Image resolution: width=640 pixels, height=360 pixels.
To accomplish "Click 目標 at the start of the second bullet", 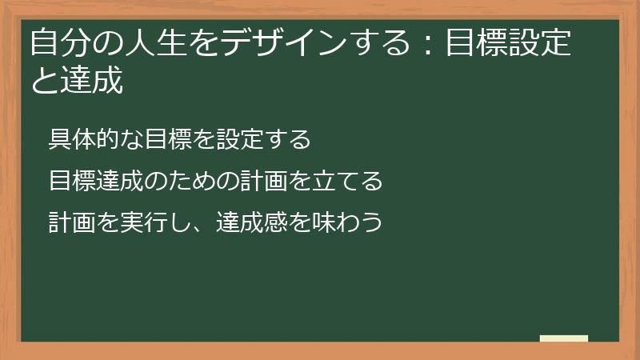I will [x=70, y=182].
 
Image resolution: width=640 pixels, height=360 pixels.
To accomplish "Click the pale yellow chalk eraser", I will [x=564, y=338].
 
